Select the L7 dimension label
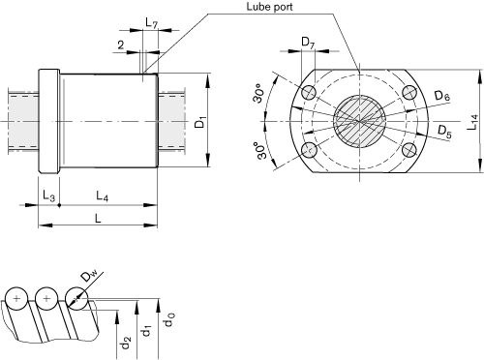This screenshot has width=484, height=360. pos(151,21)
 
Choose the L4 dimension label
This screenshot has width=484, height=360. pos(102,196)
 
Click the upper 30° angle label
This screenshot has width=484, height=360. pos(258,97)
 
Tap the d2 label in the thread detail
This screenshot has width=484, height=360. pos(123,340)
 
